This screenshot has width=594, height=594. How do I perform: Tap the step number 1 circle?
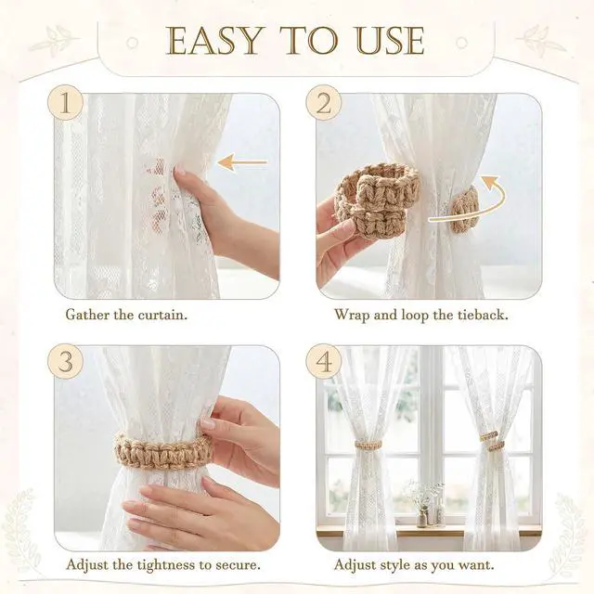(65, 102)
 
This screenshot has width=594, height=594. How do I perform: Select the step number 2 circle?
(324, 102)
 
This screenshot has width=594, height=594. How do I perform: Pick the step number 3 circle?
(65, 361)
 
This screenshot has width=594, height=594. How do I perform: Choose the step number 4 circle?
(324, 361)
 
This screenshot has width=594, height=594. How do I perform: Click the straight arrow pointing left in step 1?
(242, 162)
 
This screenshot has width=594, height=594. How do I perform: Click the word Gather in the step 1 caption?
(87, 315)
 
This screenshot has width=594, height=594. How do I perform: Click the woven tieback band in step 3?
(164, 452)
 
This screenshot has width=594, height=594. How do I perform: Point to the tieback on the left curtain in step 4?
(368, 445)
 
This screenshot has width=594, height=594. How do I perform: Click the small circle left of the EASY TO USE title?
(132, 43)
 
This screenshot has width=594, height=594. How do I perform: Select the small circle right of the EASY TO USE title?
(461, 43)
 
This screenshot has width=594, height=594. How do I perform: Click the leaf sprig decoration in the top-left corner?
(54, 41)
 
